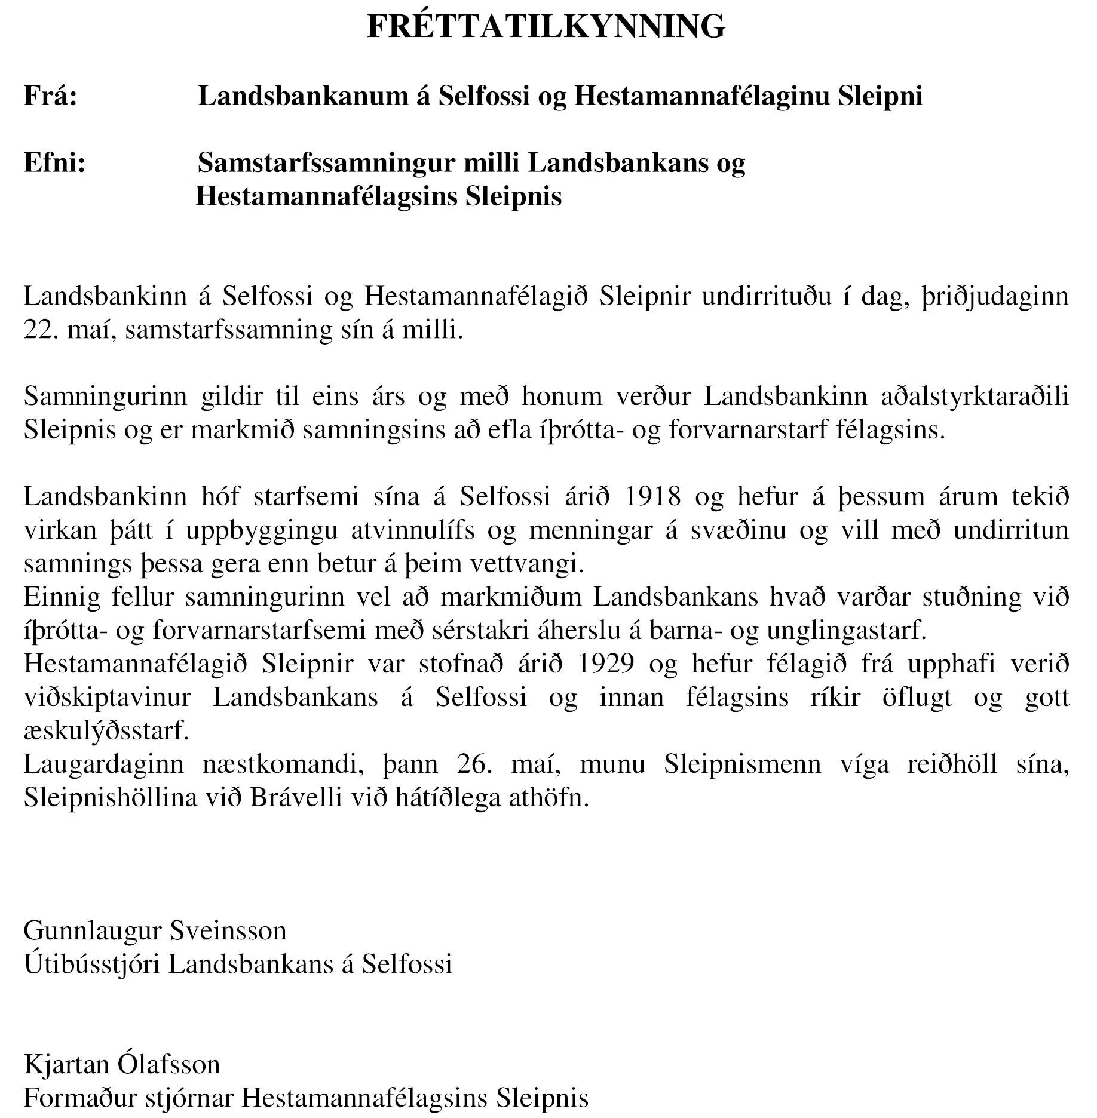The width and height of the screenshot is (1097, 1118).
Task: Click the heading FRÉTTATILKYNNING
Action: point(546,27)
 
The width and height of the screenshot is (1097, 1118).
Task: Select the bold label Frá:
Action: point(51,96)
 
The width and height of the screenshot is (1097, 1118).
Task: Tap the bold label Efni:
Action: point(55,162)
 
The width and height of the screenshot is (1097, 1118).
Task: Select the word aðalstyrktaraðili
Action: point(975,397)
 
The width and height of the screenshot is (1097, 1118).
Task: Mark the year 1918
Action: point(652,496)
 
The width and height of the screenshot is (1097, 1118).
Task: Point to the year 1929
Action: point(606,664)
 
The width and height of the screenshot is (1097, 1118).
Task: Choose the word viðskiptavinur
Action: point(108,698)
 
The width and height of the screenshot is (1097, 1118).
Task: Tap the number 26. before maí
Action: point(474,764)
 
